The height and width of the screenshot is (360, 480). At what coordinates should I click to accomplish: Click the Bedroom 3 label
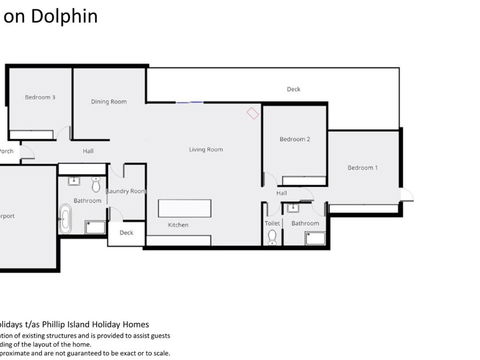[40, 97]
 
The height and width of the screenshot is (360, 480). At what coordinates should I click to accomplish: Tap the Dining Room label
[109, 101]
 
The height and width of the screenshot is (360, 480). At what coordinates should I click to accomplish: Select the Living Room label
[206, 150]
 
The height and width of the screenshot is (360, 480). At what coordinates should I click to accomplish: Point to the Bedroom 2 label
[294, 139]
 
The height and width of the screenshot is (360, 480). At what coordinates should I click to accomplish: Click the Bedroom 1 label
[362, 168]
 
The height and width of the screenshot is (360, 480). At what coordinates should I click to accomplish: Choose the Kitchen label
[178, 225]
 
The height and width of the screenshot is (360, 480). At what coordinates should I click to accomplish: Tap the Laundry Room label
[126, 191]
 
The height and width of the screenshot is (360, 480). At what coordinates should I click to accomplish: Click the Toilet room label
[272, 223]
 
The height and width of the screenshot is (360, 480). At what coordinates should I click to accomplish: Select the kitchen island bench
[186, 207]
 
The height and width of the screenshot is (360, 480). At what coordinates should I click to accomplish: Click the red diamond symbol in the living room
[250, 113]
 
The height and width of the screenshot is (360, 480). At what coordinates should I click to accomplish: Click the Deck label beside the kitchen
[126, 233]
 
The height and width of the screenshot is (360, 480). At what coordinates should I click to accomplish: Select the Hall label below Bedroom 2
[282, 193]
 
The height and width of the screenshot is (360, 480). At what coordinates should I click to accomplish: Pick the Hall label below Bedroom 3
[88, 151]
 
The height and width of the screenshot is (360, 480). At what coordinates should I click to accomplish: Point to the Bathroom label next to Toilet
[305, 223]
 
